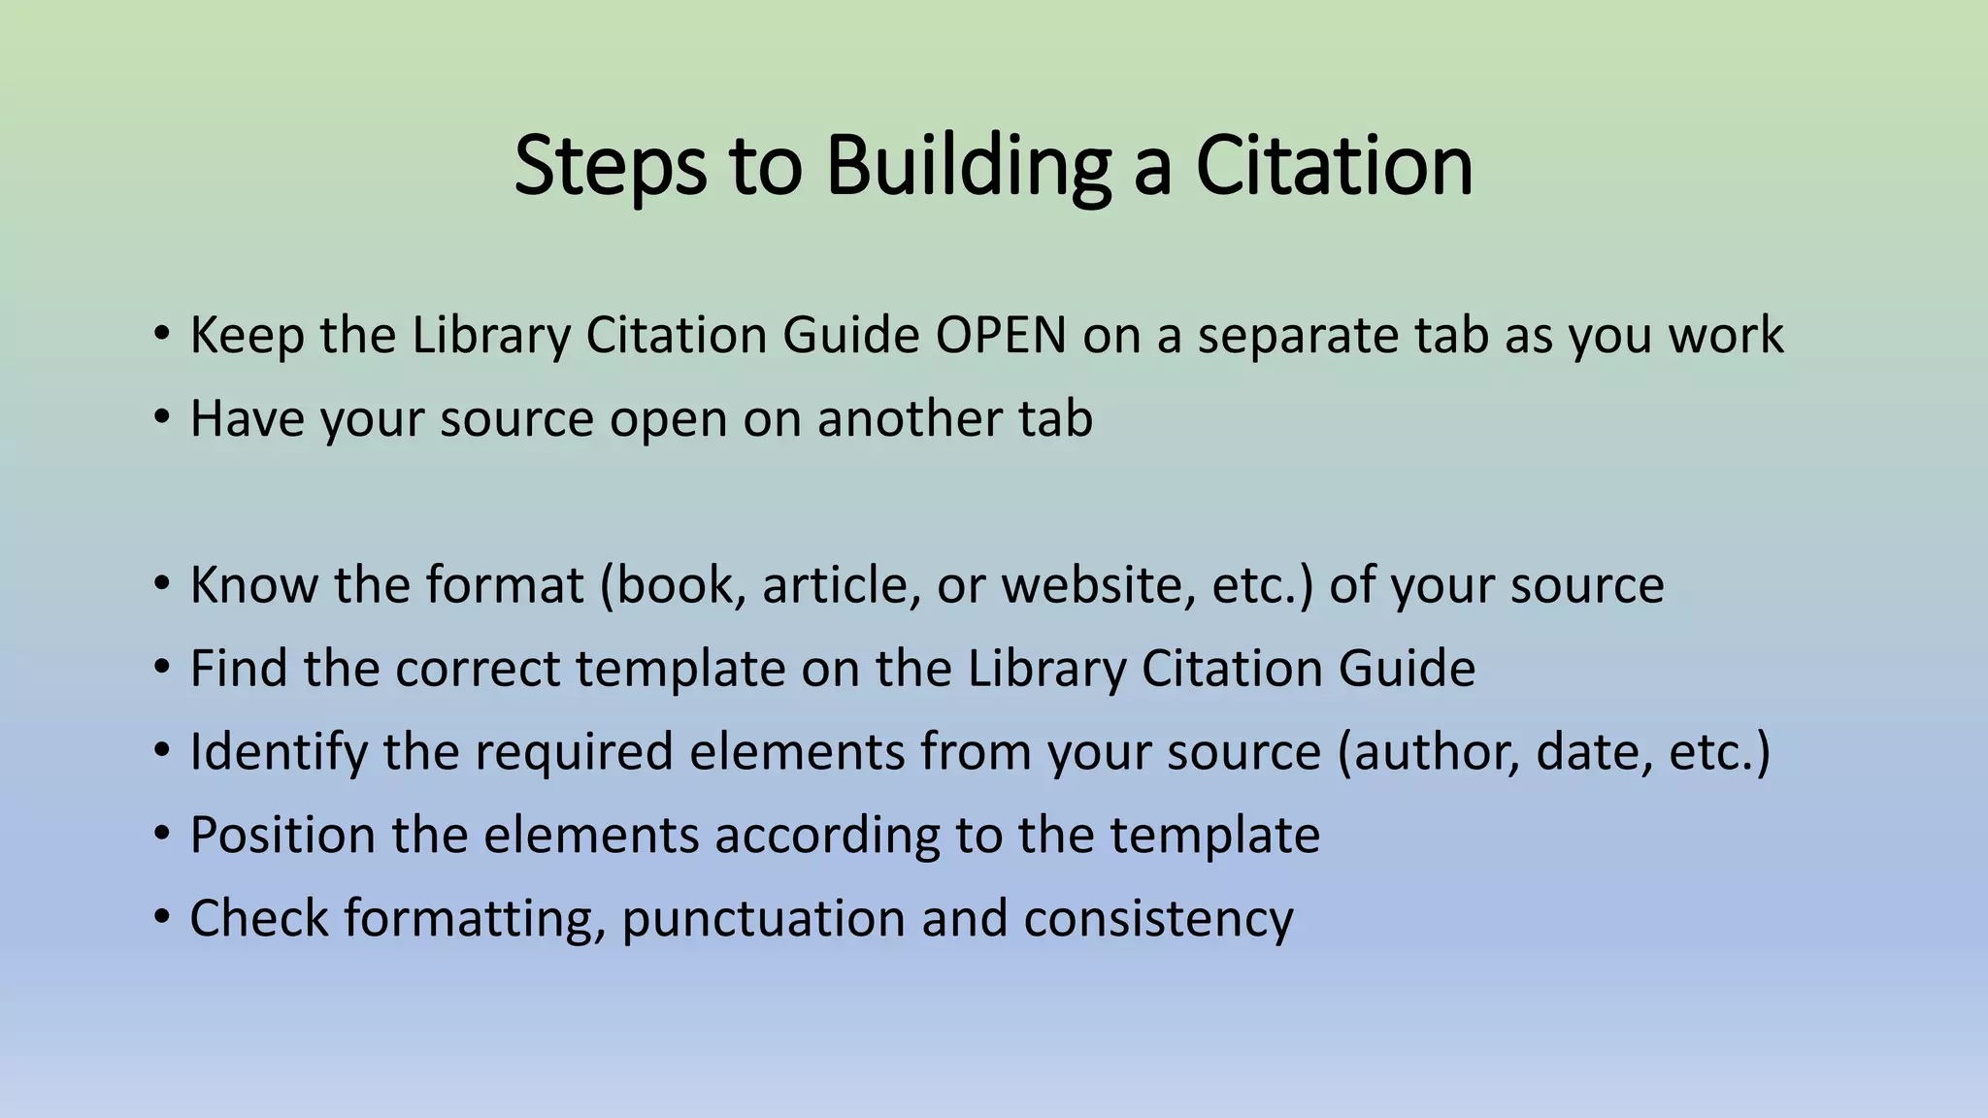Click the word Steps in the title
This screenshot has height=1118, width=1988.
pyautogui.click(x=610, y=167)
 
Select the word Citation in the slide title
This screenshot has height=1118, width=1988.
pyautogui.click(x=1334, y=167)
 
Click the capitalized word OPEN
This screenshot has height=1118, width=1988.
pyautogui.click(x=1001, y=336)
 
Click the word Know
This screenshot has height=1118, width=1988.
pyautogui.click(x=253, y=586)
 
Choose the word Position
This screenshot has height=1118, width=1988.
pyautogui.click(x=282, y=836)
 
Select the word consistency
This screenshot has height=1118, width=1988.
pyautogui.click(x=1158, y=919)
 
